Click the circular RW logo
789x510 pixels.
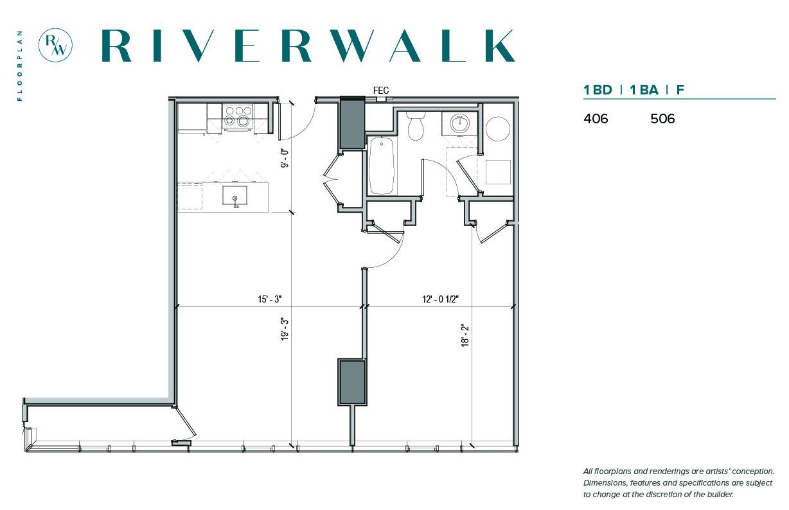[55, 46]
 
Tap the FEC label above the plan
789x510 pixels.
[381, 91]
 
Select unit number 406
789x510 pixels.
[596, 119]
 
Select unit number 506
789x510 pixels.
[662, 119]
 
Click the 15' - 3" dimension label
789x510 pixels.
[269, 299]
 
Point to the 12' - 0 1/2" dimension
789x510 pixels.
[440, 299]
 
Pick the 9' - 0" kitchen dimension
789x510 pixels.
[285, 158]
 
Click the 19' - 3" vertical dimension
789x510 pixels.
[285, 329]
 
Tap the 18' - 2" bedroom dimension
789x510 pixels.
[465, 336]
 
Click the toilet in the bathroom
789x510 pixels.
[416, 126]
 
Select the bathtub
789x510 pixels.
[382, 166]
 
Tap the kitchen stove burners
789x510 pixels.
[238, 117]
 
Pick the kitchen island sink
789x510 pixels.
[235, 195]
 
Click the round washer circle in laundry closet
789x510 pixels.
[498, 129]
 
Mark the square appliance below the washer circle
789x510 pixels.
[498, 172]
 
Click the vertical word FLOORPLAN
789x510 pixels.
[20, 66]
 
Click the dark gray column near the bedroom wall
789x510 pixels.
[352, 382]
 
